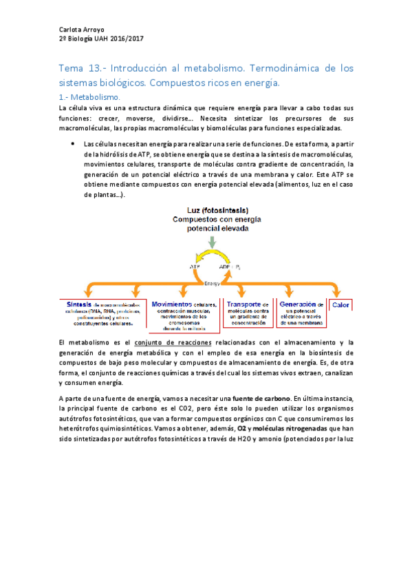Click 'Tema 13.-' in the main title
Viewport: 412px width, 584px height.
point(82,70)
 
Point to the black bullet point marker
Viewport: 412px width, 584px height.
point(73,143)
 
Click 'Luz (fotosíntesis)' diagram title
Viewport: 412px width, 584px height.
point(217,210)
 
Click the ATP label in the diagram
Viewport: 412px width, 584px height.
point(194,266)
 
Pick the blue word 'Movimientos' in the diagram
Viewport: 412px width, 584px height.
point(172,304)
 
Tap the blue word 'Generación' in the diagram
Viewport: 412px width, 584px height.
point(297,304)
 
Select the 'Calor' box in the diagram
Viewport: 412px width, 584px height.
point(342,304)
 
